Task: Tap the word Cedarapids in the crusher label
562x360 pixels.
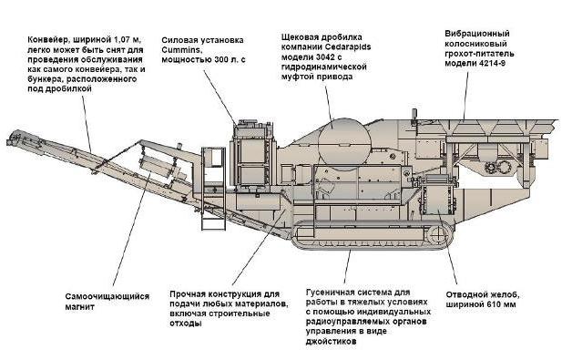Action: coord(348,46)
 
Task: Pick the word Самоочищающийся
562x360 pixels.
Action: coord(107,297)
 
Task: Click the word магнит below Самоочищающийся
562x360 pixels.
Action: coord(80,307)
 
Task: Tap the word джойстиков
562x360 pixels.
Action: coord(332,342)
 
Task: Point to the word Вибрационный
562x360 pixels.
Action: coord(477,34)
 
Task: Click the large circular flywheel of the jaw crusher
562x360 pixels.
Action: coord(344,144)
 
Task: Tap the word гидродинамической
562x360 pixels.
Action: coord(324,67)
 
